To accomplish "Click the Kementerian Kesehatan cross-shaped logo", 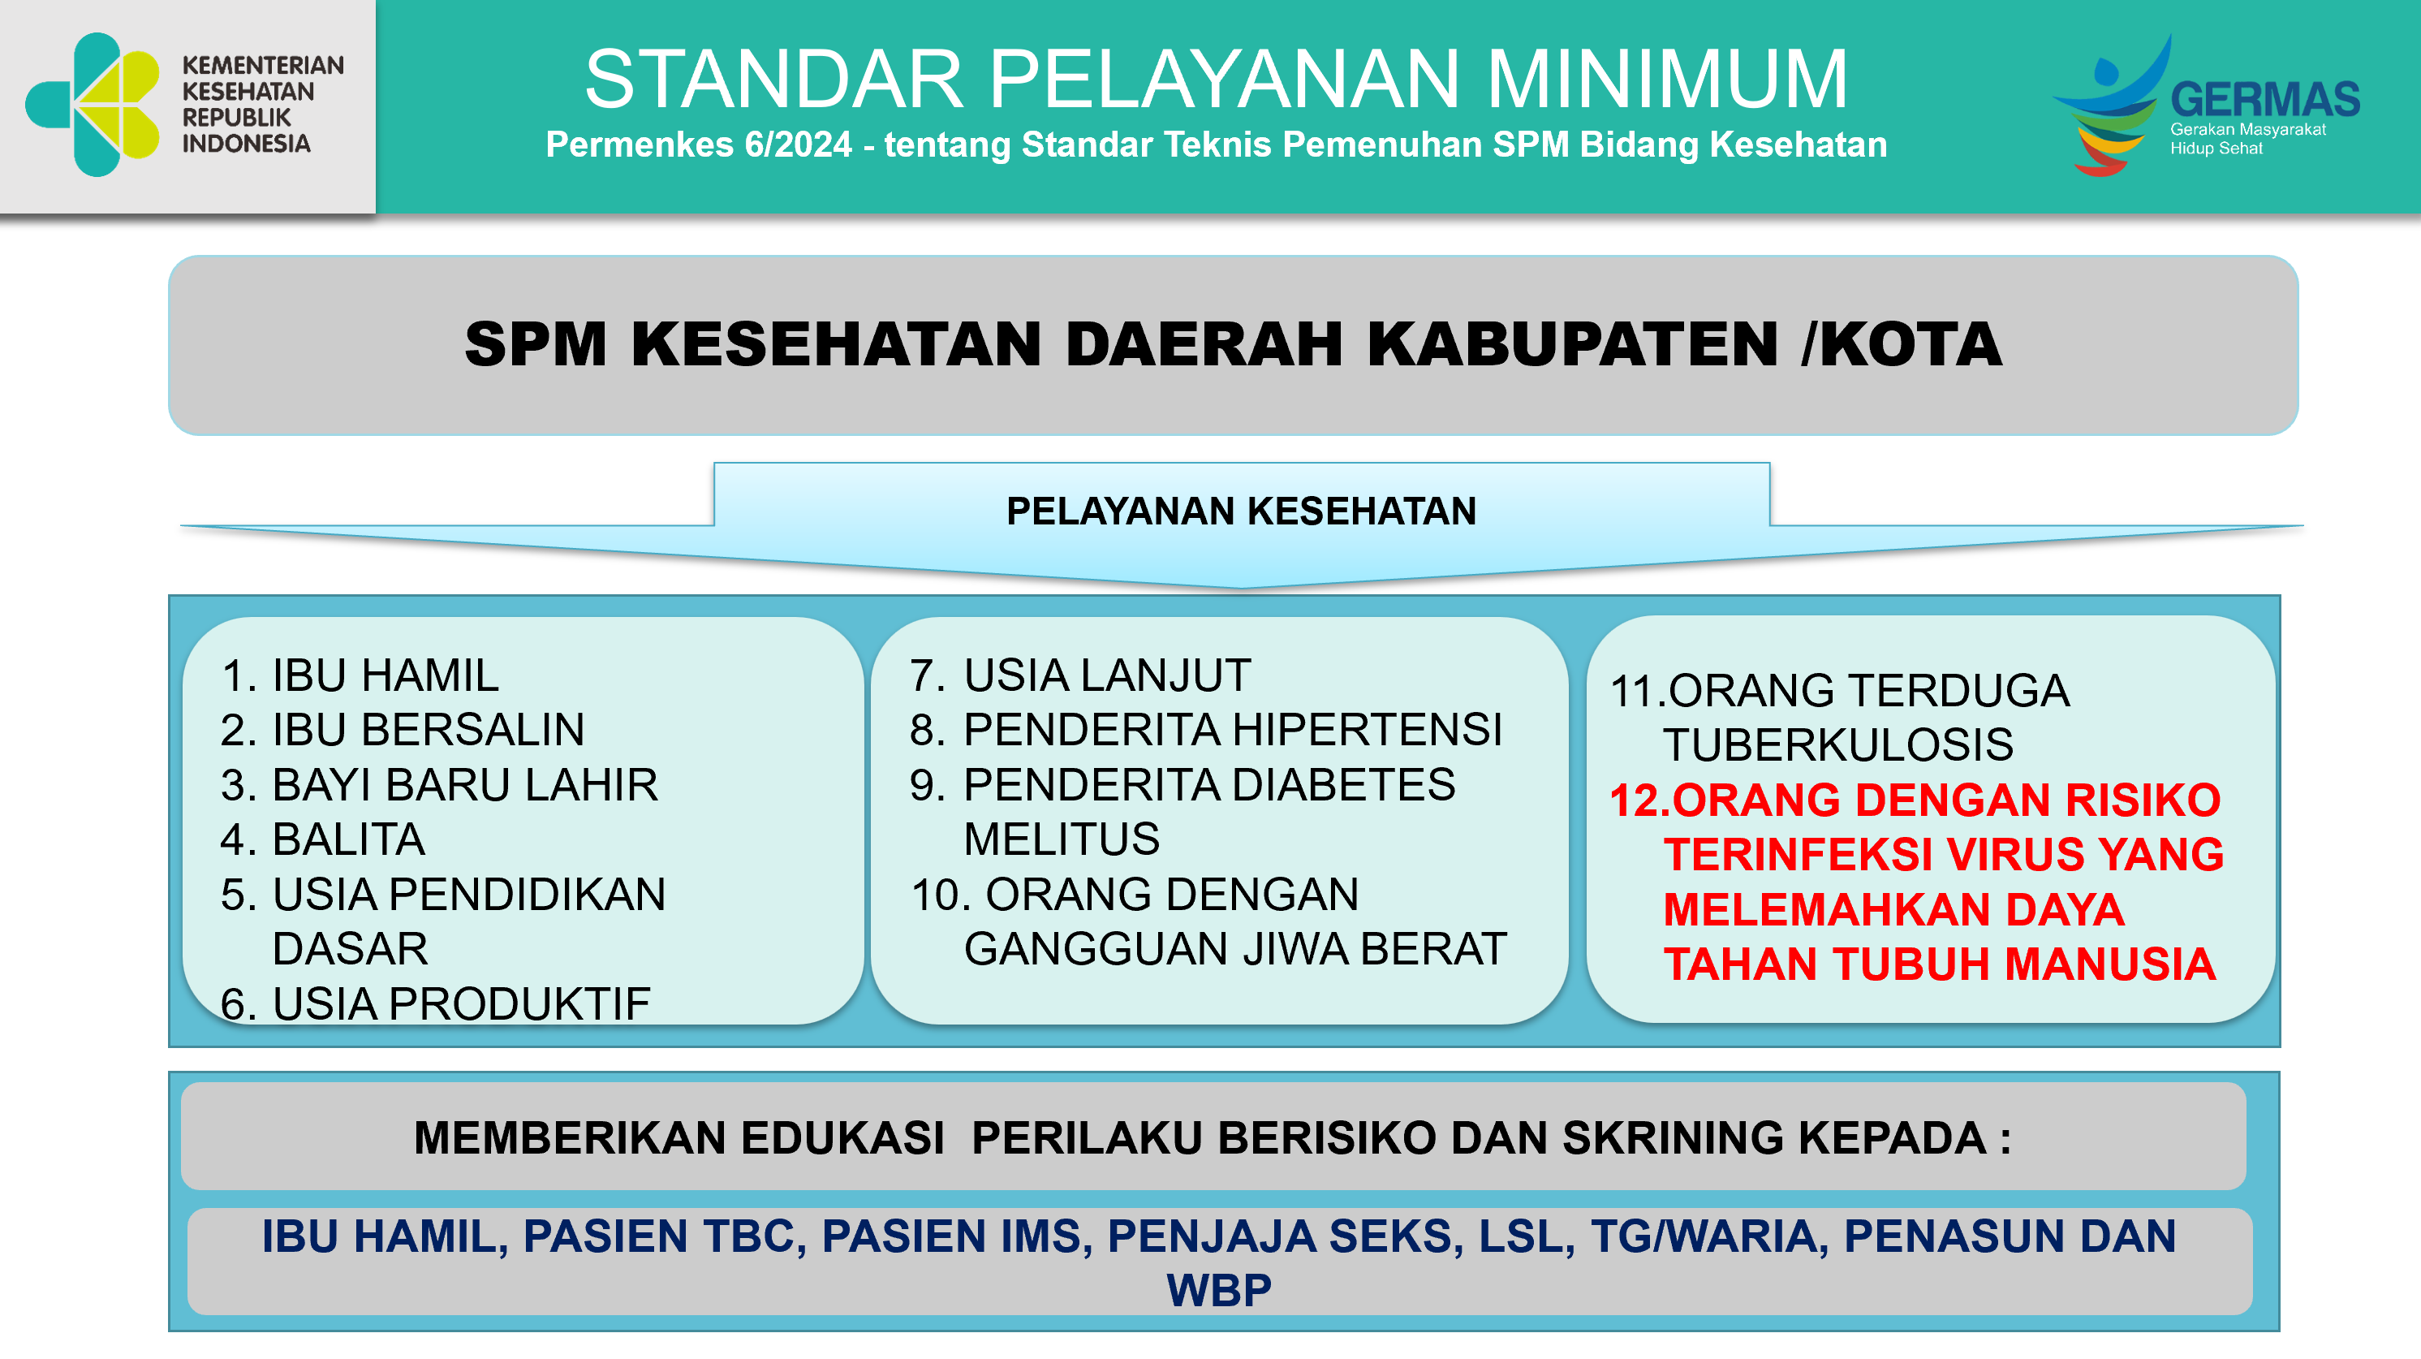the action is point(92,105).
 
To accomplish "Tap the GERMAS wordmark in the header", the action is point(2265,100).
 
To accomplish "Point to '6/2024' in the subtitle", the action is point(798,145).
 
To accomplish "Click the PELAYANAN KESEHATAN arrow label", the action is point(1241,511).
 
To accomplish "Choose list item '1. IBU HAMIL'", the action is point(360,675).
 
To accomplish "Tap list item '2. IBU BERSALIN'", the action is point(403,729).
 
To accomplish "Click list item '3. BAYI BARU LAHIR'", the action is point(439,785).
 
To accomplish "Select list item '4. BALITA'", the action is point(322,839).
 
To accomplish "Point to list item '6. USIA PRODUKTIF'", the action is point(435,1003).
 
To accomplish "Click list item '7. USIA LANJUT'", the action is point(1080,675).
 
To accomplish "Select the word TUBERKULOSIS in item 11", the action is point(1837,745).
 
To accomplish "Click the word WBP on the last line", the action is point(1218,1290).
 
